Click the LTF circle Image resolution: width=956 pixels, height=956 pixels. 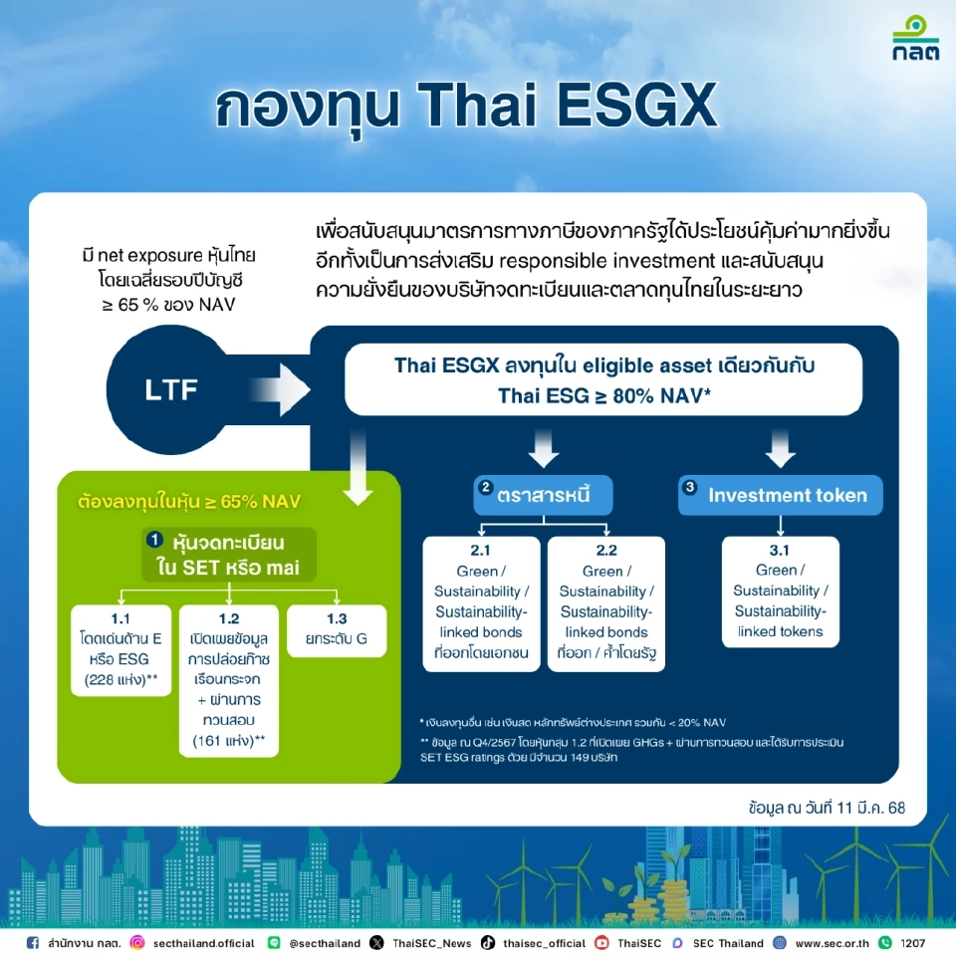(x=171, y=388)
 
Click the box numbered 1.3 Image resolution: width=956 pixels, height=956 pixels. (x=336, y=629)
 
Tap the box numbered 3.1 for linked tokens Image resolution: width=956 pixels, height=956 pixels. (x=781, y=593)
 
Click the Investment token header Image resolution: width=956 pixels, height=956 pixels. (x=780, y=495)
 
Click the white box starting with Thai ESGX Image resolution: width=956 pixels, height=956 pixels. (x=603, y=379)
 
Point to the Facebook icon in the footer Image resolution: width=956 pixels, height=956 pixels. (x=33, y=942)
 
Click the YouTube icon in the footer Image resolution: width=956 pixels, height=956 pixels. (x=601, y=942)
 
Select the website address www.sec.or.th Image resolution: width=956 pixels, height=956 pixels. (x=833, y=942)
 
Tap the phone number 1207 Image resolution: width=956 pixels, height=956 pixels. (x=912, y=942)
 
